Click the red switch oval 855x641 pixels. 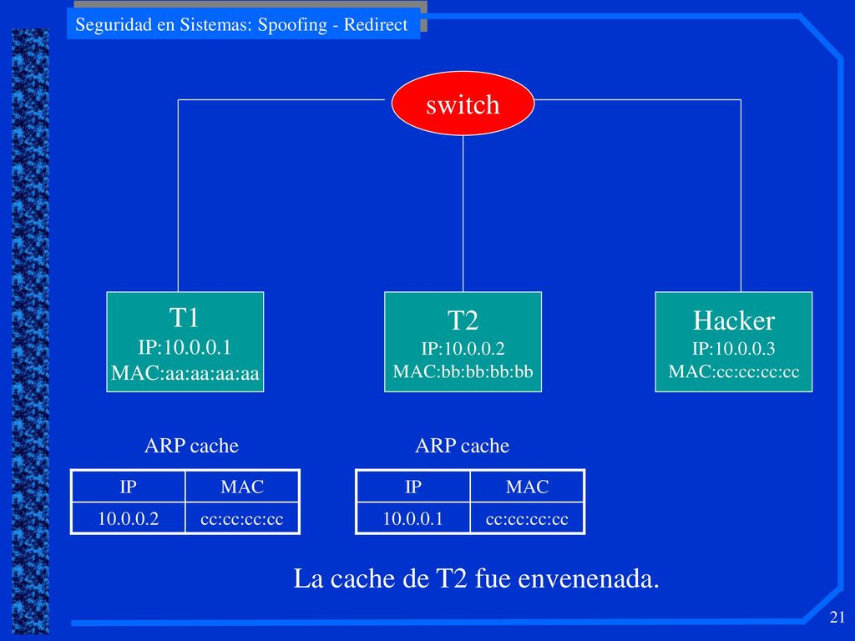point(463,103)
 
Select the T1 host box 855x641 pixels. point(185,341)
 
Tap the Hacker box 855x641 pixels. point(733,341)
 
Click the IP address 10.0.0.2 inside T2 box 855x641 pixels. point(463,348)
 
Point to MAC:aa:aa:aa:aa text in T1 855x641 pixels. point(185,373)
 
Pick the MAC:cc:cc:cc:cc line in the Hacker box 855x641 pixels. point(733,371)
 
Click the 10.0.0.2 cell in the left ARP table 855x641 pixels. point(128,518)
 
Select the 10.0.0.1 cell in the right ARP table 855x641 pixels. point(412,518)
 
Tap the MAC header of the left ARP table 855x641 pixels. point(242,487)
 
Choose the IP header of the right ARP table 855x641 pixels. point(412,487)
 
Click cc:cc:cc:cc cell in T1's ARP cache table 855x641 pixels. point(242,518)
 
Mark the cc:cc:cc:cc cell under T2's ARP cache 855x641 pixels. point(527,518)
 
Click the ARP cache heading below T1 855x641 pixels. point(191,446)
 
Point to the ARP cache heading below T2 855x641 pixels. point(462,446)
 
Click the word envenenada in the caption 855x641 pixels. point(589,578)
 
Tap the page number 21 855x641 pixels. point(837,617)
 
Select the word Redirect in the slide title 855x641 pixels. point(375,24)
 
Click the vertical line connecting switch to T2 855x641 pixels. point(463,214)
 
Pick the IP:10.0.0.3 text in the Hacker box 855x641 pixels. point(733,348)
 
